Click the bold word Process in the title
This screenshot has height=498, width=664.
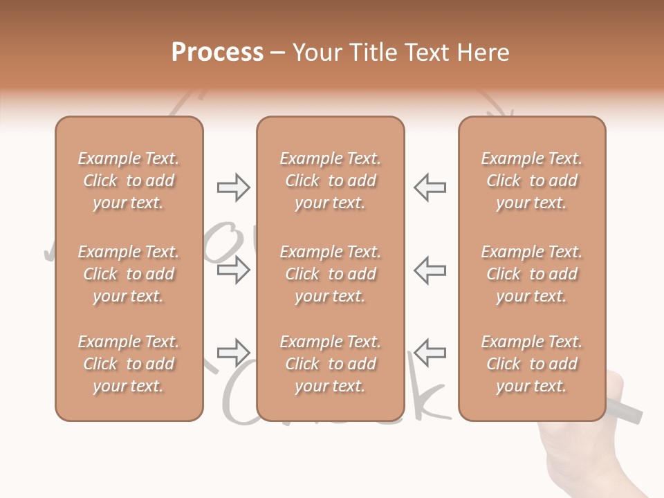pos(217,53)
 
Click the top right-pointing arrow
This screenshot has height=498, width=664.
pos(233,187)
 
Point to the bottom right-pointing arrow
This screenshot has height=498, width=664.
pos(233,352)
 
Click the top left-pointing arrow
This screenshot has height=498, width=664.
pos(430,187)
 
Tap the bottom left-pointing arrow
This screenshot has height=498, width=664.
pos(430,352)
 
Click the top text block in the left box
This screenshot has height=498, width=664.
pos(129,181)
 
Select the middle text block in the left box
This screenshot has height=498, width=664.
pos(129,274)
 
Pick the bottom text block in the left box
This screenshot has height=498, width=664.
pos(129,364)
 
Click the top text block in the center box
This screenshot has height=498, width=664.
pos(330,181)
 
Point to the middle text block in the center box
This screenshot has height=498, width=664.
pos(330,274)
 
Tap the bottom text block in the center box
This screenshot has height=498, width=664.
pos(330,364)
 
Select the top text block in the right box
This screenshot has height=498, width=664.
pos(531,181)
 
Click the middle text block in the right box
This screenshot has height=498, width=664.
pos(531,274)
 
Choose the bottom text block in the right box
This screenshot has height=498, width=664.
pos(531,364)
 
